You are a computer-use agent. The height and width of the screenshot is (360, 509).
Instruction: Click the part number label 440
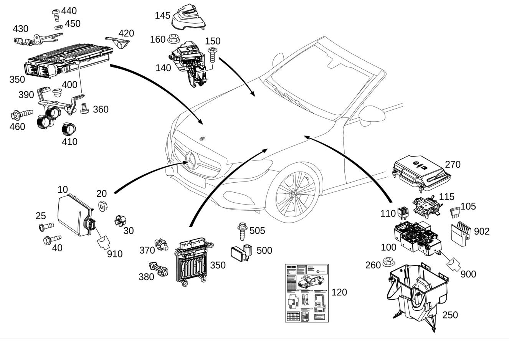[69, 11]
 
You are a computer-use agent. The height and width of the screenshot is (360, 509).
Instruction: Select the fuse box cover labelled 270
[421, 172]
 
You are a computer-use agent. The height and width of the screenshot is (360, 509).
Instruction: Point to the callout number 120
[339, 292]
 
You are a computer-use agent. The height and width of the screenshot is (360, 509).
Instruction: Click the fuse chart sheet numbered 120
[307, 293]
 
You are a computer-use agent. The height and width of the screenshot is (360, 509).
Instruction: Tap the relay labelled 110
[402, 213]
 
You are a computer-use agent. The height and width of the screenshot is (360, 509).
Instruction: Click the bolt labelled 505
[242, 231]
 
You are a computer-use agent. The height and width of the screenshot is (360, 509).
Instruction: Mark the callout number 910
[115, 254]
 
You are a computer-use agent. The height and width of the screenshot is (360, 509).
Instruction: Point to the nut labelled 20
[102, 206]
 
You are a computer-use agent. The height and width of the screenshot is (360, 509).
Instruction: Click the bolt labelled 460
[21, 114]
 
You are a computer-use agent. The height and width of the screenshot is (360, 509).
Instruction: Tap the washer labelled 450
[58, 28]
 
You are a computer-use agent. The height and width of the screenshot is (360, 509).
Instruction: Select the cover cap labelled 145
[188, 17]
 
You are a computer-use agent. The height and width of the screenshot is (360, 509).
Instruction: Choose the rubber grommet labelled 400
[57, 92]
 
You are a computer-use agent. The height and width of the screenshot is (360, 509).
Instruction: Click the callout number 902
[482, 231]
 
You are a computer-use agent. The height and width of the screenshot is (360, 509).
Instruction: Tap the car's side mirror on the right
[372, 114]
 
